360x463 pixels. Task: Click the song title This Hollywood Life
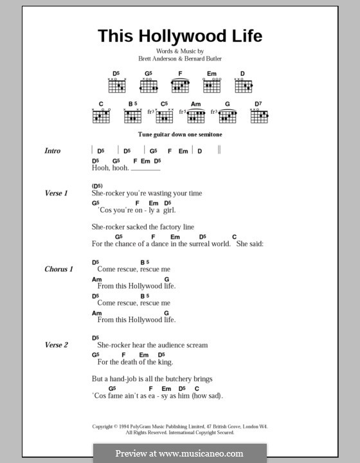[x=180, y=36]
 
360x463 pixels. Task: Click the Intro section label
[x=53, y=151]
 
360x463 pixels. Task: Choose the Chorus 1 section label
[x=59, y=268]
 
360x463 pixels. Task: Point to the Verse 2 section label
[x=57, y=345]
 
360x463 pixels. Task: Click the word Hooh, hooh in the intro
[x=111, y=168]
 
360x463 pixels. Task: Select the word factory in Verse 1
[x=165, y=227]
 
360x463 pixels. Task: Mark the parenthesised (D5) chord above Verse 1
[x=98, y=185]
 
